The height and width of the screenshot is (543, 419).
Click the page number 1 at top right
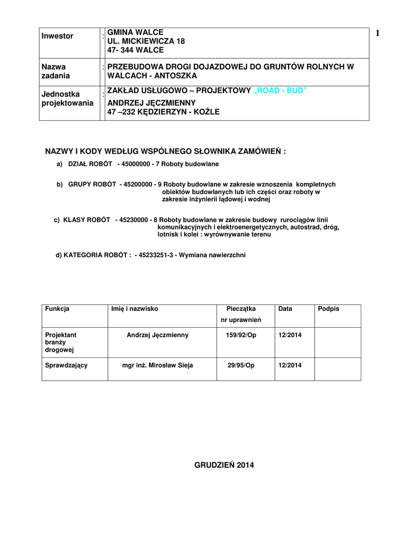pyautogui.click(x=378, y=33)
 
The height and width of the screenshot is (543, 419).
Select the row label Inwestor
pyautogui.click(x=57, y=36)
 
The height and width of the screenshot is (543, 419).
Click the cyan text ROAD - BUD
pyautogui.click(x=280, y=91)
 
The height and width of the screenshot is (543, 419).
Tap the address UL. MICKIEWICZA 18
pyautogui.click(x=146, y=41)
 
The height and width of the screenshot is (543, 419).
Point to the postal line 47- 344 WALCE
pyautogui.click(x=136, y=50)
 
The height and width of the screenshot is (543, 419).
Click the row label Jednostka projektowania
pyautogui.click(x=67, y=99)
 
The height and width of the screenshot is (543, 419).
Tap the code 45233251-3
pyautogui.click(x=156, y=255)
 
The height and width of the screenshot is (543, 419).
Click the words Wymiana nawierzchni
pyautogui.click(x=212, y=255)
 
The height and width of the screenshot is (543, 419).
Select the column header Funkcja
pyautogui.click(x=57, y=309)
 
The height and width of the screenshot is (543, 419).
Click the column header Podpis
pyautogui.click(x=328, y=309)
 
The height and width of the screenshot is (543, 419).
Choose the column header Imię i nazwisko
pyautogui.click(x=135, y=309)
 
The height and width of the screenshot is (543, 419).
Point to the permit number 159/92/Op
pyautogui.click(x=241, y=335)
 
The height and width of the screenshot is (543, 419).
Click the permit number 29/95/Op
pyautogui.click(x=241, y=365)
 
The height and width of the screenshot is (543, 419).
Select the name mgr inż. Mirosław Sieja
pyautogui.click(x=157, y=365)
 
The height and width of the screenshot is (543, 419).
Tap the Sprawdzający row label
pyautogui.click(x=66, y=365)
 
